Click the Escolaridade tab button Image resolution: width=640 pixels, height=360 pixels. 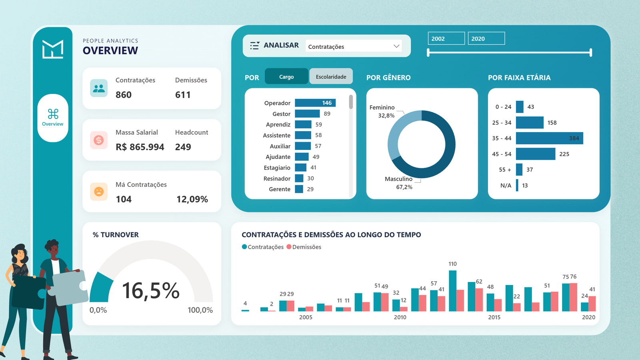point(331,76)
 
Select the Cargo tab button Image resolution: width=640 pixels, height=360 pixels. point(286,76)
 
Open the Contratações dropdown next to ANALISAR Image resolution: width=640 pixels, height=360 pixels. point(354,46)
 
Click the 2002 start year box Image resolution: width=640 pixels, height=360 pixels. point(446,38)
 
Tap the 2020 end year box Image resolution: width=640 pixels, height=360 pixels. point(486,38)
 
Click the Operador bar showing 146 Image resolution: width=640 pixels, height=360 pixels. point(315,103)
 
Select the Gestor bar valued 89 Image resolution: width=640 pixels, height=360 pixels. point(307,114)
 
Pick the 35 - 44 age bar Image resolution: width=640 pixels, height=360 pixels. point(549,138)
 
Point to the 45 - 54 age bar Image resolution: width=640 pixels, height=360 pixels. point(535,154)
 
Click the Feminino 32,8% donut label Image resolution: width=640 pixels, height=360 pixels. point(382,111)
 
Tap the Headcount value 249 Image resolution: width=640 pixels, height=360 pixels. point(183,147)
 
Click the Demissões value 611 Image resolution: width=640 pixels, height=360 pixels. point(183,95)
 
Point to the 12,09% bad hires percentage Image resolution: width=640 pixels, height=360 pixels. point(192,199)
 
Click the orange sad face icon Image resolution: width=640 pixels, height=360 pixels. point(99,192)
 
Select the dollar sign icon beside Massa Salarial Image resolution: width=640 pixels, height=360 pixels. point(99,140)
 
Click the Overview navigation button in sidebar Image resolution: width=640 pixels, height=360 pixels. point(53,118)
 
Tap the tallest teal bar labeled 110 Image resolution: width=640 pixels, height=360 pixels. point(452,290)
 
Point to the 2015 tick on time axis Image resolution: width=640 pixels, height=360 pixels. point(494,317)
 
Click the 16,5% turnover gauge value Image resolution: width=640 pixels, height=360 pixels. point(150,291)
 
